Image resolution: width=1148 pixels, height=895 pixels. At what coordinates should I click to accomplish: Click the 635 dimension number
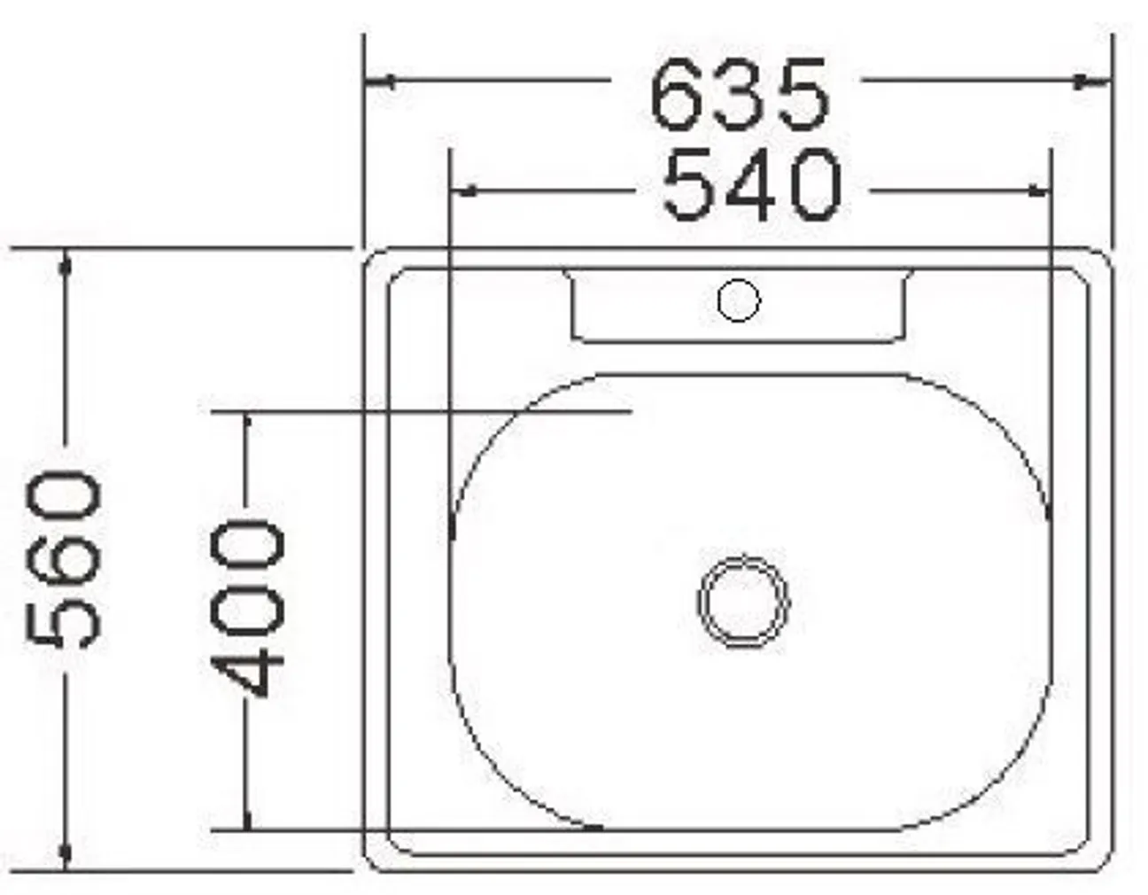tap(740, 94)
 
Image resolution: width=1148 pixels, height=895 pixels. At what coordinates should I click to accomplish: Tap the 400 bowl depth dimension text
tap(248, 610)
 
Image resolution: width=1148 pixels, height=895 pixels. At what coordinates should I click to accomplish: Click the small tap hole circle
tap(738, 301)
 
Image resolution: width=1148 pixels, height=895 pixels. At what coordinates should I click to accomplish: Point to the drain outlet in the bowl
tap(742, 601)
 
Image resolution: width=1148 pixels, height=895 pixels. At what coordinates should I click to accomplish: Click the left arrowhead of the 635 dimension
tap(379, 82)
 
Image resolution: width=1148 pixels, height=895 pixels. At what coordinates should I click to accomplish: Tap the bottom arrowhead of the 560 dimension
tap(65, 854)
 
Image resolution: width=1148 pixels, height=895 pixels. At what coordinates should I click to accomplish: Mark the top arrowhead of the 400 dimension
tap(247, 424)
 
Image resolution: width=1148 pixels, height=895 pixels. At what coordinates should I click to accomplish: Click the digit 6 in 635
tap(679, 94)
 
